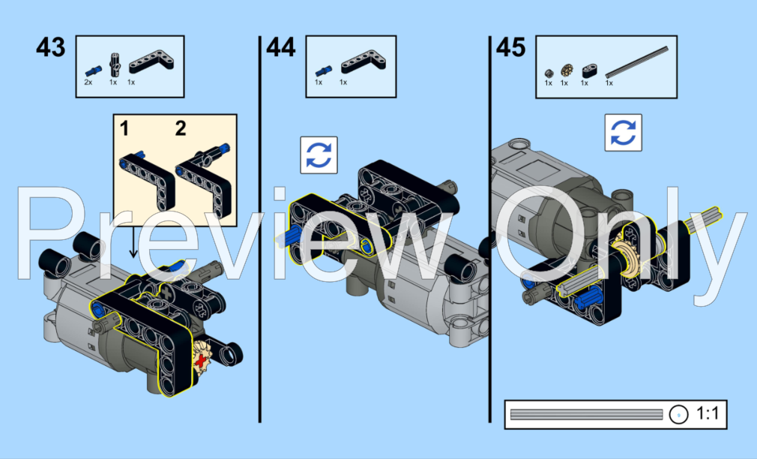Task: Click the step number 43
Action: click(51, 47)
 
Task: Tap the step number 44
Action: click(280, 47)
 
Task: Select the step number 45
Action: click(510, 47)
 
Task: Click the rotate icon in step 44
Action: click(319, 155)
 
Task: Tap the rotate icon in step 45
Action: click(624, 133)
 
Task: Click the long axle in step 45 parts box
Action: click(637, 61)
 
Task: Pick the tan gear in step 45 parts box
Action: click(567, 70)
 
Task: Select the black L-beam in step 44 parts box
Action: click(364, 62)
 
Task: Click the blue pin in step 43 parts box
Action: click(93, 71)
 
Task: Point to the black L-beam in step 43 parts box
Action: click(151, 62)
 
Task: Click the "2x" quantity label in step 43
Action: click(88, 82)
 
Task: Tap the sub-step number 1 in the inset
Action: click(124, 128)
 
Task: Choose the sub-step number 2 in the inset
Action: click(181, 128)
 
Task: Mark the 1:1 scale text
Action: click(708, 414)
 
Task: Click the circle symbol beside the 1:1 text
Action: click(679, 415)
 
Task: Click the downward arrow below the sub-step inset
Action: click(133, 242)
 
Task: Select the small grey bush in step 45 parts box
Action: click(549, 73)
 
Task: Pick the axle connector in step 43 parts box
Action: click(115, 64)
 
